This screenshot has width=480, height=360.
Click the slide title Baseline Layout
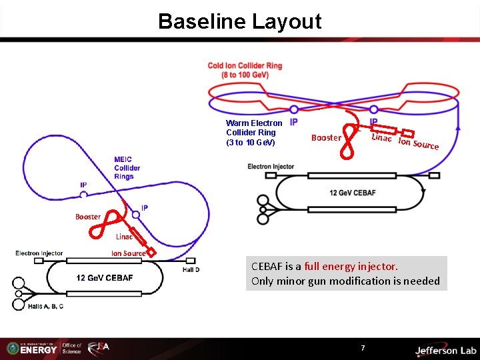(x=239, y=21)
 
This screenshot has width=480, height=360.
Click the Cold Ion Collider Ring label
(x=245, y=70)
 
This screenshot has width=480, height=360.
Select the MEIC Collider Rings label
(x=127, y=167)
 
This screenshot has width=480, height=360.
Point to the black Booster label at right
(x=326, y=138)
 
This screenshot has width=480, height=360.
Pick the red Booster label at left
(x=87, y=217)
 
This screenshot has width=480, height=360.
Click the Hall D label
(x=191, y=269)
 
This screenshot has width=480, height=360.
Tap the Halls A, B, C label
(x=46, y=306)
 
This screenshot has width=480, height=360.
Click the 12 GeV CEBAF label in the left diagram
(x=105, y=277)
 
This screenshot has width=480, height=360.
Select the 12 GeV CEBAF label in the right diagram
(x=352, y=193)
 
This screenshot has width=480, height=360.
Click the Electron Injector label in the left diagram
(x=39, y=253)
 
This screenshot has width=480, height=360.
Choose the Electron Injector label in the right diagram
(x=271, y=166)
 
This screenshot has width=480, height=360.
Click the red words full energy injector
(x=351, y=266)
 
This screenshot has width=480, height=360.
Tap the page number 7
(x=363, y=348)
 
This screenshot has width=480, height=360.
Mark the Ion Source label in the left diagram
(x=128, y=253)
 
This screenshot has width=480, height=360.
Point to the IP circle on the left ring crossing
(x=84, y=195)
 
